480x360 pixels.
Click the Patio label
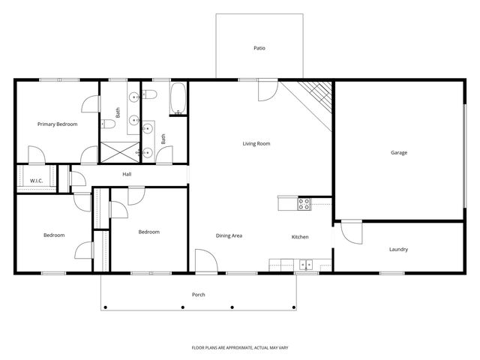point(259,48)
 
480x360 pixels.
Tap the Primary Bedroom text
point(58,124)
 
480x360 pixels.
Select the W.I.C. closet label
point(35,181)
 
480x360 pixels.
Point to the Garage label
point(398,152)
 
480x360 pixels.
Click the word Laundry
point(398,249)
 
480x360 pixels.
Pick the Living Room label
point(256,143)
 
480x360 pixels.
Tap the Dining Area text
point(229,236)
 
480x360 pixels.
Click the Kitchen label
point(300,237)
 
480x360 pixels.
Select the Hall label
point(127,175)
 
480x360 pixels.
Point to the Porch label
point(199,295)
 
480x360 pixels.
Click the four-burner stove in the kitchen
point(304,202)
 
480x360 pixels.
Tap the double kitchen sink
point(306,264)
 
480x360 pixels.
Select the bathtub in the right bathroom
point(178,99)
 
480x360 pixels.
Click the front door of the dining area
point(205,262)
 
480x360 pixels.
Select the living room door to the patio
point(268,90)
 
